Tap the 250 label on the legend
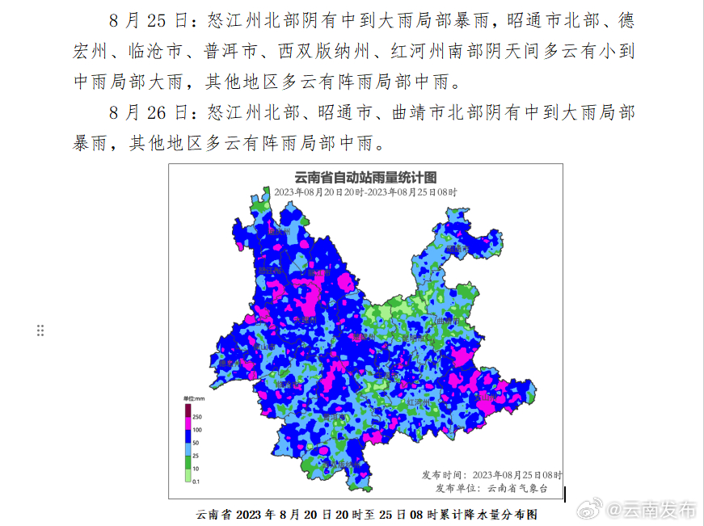coord(196,416)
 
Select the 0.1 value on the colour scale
coord(196,482)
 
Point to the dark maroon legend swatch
coord(187,411)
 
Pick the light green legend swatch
coord(187,476)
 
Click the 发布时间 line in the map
coord(491,474)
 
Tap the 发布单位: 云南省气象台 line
coord(491,487)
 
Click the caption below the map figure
coord(366,514)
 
